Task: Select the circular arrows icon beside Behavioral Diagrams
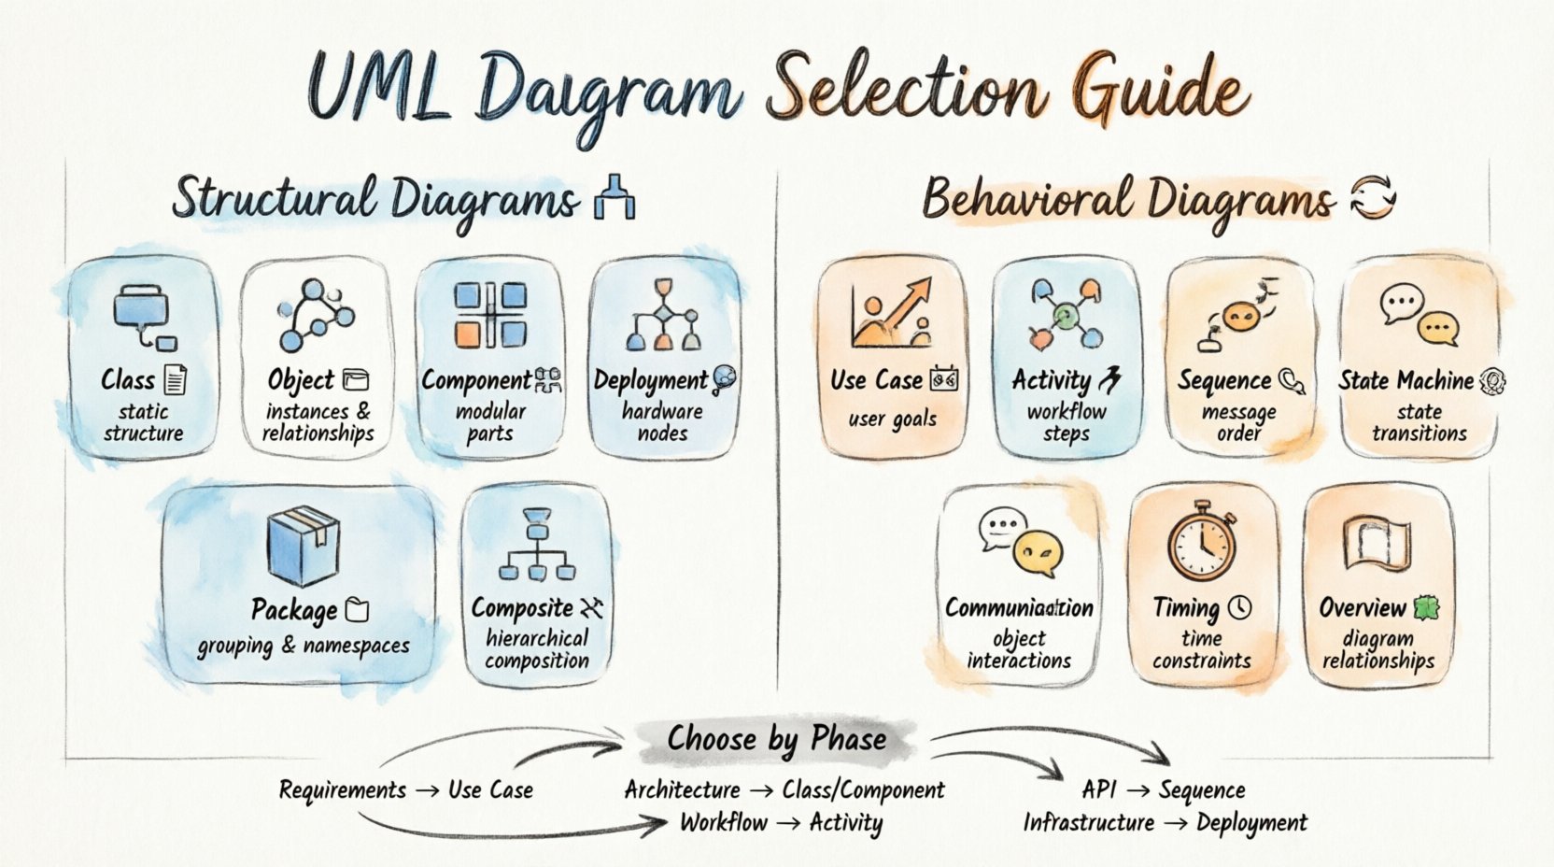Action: tap(1373, 198)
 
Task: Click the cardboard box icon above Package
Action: tap(303, 547)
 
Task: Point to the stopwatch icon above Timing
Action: tap(1202, 542)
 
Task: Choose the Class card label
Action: tap(128, 380)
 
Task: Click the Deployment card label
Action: tap(651, 380)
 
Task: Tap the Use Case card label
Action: tap(876, 380)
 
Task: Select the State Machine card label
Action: tap(1406, 380)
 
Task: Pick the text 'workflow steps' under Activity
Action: tap(1067, 422)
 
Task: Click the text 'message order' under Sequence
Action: tap(1239, 422)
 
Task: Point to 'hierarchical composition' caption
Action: tap(537, 649)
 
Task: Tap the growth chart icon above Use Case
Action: tap(891, 313)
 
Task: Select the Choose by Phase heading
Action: tap(776, 740)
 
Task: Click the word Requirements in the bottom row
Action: tap(343, 790)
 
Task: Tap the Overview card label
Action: tap(1363, 608)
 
